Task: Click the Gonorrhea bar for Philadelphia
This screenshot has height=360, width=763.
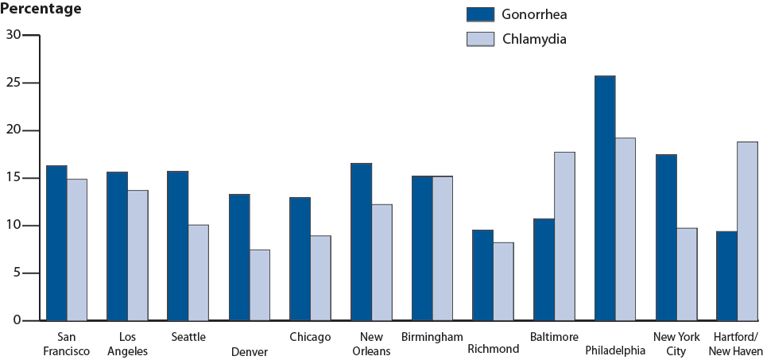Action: (605, 199)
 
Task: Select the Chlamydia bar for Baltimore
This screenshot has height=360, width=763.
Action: (564, 236)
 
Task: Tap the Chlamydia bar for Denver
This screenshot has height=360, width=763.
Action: (260, 285)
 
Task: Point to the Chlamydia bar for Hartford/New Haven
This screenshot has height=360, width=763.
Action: (747, 231)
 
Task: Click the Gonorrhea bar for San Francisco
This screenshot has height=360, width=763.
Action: (56, 243)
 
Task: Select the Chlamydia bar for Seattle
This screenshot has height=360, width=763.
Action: (198, 273)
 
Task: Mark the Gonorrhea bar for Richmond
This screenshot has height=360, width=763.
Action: (482, 275)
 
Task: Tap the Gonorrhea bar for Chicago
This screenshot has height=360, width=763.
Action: (300, 259)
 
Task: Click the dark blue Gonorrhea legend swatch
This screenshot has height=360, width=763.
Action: (480, 14)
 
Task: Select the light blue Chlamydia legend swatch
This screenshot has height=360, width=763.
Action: (480, 39)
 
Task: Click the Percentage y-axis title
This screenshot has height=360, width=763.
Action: (41, 10)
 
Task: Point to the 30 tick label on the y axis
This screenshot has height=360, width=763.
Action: (14, 35)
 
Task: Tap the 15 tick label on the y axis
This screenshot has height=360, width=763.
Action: (14, 178)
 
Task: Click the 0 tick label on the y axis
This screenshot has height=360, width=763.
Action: (17, 321)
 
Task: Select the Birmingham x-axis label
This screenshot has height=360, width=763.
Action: (432, 337)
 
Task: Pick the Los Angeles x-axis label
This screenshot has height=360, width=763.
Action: (127, 344)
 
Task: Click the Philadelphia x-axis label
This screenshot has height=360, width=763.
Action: (614, 350)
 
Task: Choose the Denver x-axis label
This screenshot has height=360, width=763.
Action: (250, 351)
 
